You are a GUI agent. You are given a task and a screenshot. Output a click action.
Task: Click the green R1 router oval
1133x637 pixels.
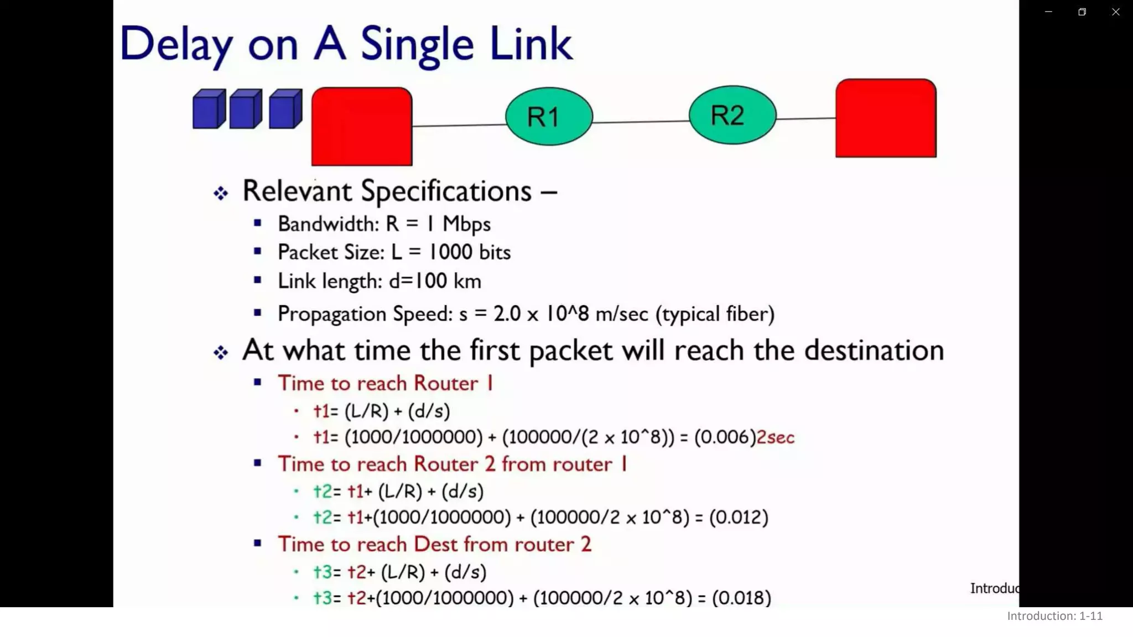pyautogui.click(x=549, y=116)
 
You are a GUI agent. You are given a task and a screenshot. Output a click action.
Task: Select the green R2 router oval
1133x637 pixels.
pyautogui.click(x=732, y=115)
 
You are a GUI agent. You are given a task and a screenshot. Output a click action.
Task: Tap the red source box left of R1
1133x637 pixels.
pyautogui.click(x=362, y=126)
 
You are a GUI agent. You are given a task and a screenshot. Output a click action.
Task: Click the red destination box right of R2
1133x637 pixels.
pyautogui.click(x=886, y=118)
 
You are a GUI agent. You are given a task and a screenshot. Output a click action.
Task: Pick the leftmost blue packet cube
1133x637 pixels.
pyautogui.click(x=209, y=109)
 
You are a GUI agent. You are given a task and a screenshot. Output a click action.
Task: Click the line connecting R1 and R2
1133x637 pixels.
pyautogui.click(x=641, y=122)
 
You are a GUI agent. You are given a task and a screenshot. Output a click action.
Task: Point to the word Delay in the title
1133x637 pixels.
pyautogui.click(x=176, y=44)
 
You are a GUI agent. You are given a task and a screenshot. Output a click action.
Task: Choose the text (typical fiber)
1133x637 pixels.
pyautogui.click(x=715, y=314)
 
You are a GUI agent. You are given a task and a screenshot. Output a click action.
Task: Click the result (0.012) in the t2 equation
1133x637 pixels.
pyautogui.click(x=739, y=517)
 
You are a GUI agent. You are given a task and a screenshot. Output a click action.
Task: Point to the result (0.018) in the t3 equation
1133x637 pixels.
pyautogui.click(x=741, y=598)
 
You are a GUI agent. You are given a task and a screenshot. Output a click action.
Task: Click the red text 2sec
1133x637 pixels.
pyautogui.click(x=775, y=437)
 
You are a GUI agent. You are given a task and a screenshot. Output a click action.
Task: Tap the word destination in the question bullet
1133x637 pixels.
pyautogui.click(x=874, y=351)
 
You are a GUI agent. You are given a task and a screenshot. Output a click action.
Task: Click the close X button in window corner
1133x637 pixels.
pyautogui.click(x=1115, y=12)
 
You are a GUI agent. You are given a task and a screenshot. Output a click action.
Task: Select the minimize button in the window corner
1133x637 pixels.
pyautogui.click(x=1048, y=12)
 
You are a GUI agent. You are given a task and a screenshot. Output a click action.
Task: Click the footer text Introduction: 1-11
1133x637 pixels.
pyautogui.click(x=1054, y=616)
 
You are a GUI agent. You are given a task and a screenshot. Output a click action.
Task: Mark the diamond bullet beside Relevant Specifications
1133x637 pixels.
pyautogui.click(x=221, y=193)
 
